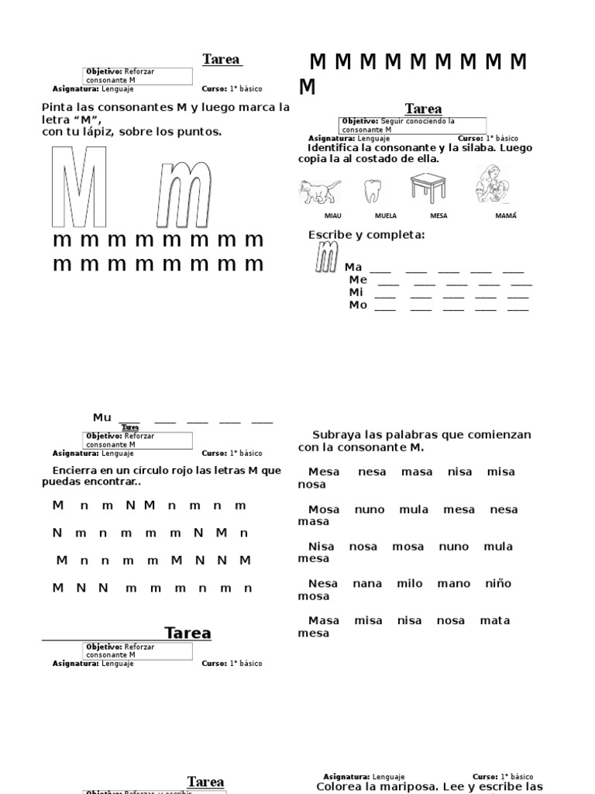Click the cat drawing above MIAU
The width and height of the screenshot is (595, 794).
coord(319,190)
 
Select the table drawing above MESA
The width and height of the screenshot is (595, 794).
coord(428,188)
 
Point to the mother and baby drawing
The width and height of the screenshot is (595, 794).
coord(493,185)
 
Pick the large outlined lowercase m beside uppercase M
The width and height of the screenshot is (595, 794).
coord(183,194)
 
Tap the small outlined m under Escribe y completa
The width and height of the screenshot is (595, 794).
coord(326,257)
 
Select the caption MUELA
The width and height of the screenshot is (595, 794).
coord(385,216)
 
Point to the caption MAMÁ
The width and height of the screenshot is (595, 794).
coord(505,216)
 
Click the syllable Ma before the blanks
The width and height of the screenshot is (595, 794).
coord(353,268)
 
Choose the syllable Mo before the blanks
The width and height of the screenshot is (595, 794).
coord(358,306)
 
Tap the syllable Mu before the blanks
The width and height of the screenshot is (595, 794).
coord(102,418)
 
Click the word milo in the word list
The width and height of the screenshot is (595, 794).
coord(410,584)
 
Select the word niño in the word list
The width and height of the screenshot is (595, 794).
coord(498,584)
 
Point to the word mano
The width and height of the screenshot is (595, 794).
coord(453,584)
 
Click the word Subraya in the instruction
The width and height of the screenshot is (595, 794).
coord(337,435)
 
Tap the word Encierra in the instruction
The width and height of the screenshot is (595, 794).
coord(77,471)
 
